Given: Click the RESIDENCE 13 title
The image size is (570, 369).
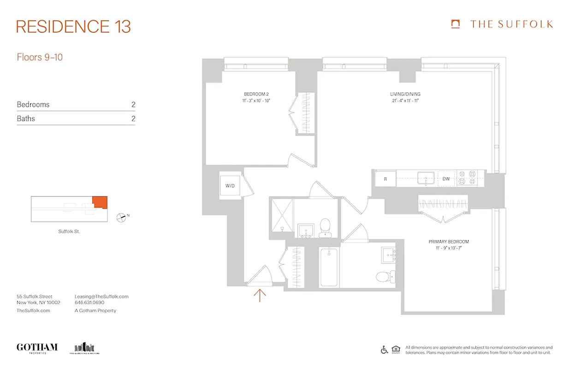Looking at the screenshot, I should (x=73, y=26).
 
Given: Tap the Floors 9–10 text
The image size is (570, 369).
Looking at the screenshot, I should (x=40, y=58).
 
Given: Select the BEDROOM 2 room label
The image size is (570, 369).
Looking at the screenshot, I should (x=256, y=94).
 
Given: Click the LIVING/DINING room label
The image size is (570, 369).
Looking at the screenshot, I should (x=405, y=94).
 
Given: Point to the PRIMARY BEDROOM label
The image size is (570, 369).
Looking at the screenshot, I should (x=448, y=242).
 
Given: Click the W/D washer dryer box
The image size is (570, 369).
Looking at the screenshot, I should (x=230, y=186).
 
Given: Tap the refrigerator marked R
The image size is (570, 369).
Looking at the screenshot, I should (x=386, y=179).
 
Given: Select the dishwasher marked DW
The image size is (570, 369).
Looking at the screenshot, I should (x=446, y=179).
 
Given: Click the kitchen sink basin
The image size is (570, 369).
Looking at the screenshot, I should (x=426, y=178).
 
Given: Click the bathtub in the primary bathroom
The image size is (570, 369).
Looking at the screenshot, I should (x=328, y=267).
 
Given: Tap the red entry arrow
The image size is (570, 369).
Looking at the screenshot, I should (x=260, y=295).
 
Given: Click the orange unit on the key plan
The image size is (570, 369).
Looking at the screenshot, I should (x=100, y=202).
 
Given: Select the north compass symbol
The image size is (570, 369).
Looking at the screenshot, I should (x=121, y=217).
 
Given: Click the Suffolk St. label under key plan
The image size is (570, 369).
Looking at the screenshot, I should (x=69, y=232).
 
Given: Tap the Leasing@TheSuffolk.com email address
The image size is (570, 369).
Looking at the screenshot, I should (x=101, y=297).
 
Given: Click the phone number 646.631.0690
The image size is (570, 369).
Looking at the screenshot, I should (x=89, y=303).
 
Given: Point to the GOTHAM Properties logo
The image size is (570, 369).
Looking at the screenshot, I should (x=37, y=348).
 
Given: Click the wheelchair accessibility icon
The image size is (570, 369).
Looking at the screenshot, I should (x=384, y=350).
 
